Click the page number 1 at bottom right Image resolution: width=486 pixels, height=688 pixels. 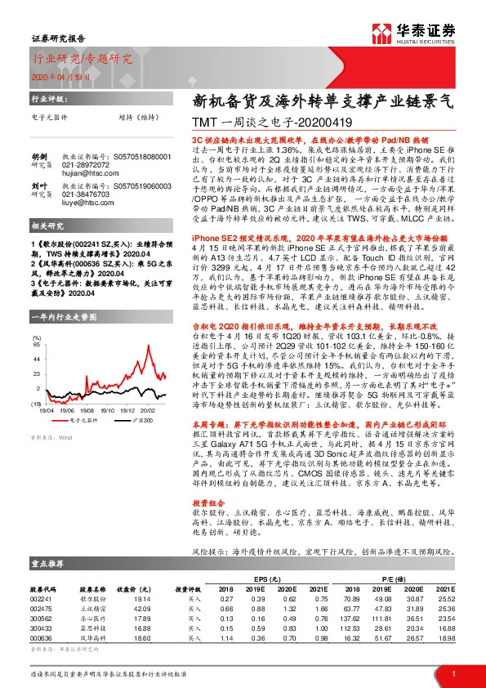tap(453, 673)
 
